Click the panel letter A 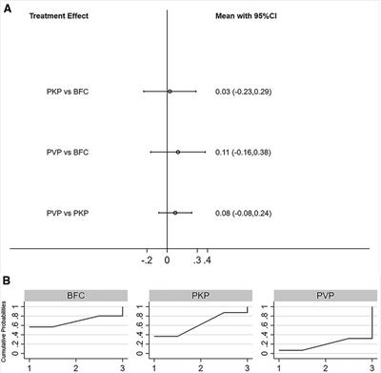pyautogui.click(x=7, y=7)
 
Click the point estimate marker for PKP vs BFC pyautogui.click(x=170, y=92)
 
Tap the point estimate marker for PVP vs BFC pyautogui.click(x=178, y=152)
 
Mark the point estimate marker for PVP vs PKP pyautogui.click(x=175, y=213)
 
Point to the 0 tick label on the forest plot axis pyautogui.click(x=167, y=259)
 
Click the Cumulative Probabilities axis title pyautogui.click(x=7, y=334)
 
